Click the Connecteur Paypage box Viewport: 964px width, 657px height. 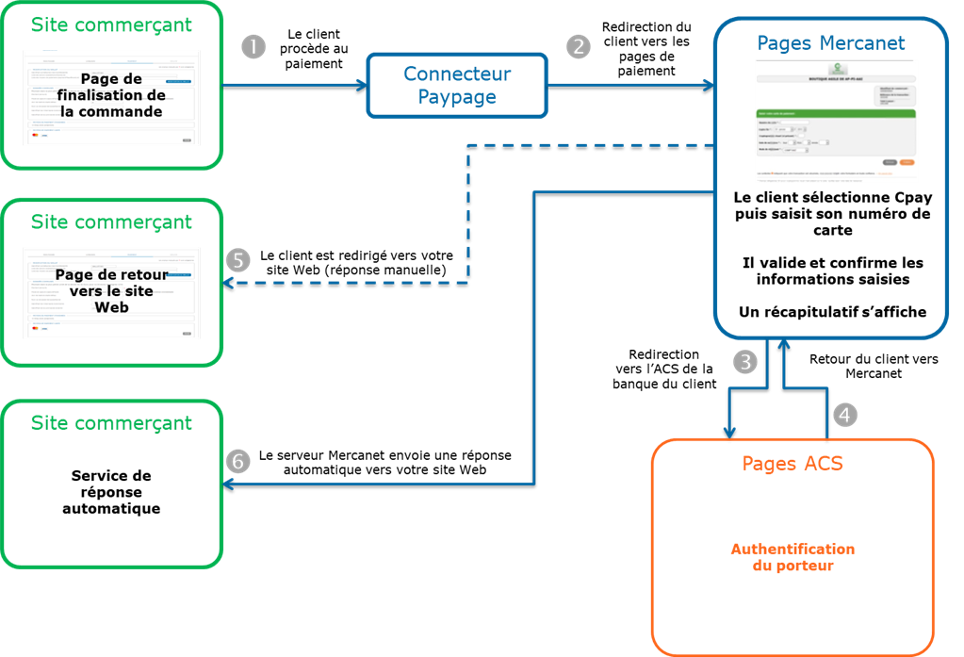[x=457, y=85]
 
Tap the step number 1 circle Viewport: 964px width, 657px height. [x=253, y=46]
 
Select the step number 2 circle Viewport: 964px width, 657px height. [x=577, y=46]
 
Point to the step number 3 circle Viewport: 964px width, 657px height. [x=745, y=362]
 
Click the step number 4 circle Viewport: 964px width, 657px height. [x=846, y=413]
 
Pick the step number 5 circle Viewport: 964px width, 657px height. [x=238, y=260]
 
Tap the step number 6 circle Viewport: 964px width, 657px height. [x=238, y=461]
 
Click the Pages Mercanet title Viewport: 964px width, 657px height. [x=831, y=43]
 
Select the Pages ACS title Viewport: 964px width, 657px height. [x=792, y=464]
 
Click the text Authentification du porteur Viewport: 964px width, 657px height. [x=792, y=557]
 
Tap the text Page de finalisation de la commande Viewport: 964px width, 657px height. [x=111, y=95]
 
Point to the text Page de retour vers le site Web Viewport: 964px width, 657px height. [x=111, y=290]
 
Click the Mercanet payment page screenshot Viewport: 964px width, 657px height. [x=835, y=121]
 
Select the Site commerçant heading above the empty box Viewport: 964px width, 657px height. [x=111, y=423]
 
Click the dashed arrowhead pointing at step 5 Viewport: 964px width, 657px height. [x=227, y=281]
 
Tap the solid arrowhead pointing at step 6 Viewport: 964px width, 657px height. [x=227, y=485]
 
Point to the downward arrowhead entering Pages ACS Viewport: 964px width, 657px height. [x=729, y=432]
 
